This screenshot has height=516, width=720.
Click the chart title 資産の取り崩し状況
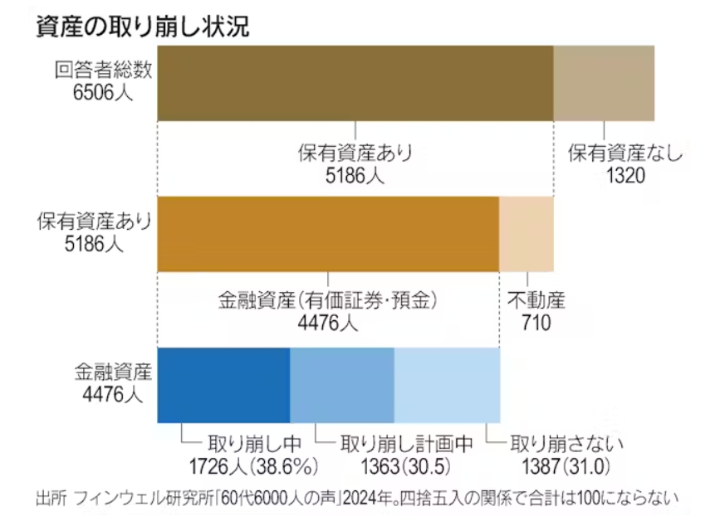141,27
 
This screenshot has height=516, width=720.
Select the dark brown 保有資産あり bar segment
355,83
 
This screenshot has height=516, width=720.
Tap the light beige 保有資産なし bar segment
604,83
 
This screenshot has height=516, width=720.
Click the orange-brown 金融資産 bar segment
328,234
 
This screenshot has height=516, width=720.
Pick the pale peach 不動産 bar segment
526,234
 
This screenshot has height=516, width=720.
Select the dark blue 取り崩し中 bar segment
223,385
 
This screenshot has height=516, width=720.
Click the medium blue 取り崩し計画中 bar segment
341,385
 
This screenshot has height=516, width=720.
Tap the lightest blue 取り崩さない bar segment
447,385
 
